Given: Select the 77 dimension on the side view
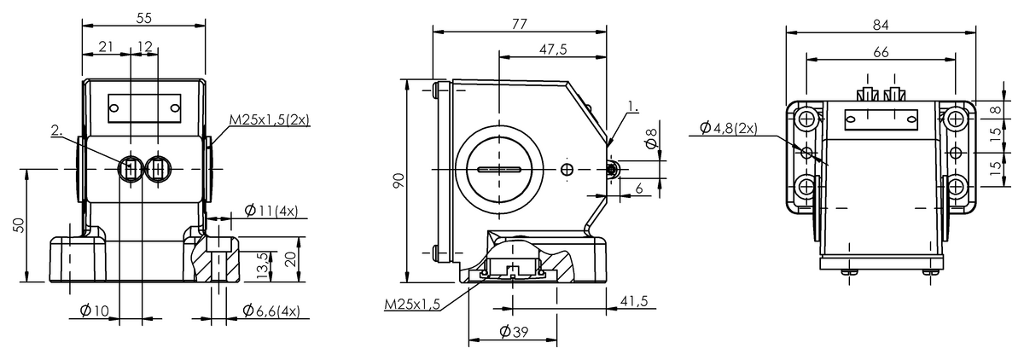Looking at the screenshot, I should coord(519,23).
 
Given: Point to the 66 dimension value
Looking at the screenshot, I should coord(881,51).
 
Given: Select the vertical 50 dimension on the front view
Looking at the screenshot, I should coord(20,225).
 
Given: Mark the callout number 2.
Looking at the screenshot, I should coord(56,130).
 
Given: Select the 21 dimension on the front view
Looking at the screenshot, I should coord(107,47).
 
